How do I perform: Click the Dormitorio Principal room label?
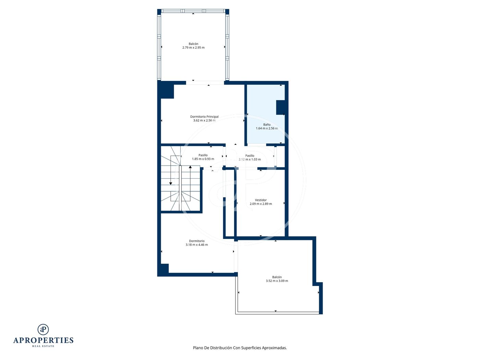204,117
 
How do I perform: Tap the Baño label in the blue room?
267,124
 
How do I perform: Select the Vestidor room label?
261,200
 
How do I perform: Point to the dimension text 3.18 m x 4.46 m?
196,244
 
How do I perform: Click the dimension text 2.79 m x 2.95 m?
193,47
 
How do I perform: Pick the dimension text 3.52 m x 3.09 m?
277,281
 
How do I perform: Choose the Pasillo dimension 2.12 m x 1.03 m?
250,159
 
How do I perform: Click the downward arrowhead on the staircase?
170,184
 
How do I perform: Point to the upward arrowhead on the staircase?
190,167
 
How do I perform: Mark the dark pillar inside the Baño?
280,108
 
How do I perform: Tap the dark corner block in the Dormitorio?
165,268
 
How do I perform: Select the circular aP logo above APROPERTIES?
43,329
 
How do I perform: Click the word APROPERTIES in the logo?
43,340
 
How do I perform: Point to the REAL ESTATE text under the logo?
43,346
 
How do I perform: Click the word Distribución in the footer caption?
221,348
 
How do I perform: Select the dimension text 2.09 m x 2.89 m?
261,204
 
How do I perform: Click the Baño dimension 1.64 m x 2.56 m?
267,128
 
